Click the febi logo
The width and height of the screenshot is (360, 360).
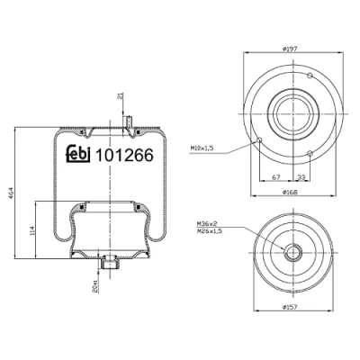78,155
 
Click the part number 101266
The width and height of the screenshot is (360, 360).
124,156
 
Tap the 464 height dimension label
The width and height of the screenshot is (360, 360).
10,193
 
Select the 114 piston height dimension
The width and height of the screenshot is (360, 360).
32,230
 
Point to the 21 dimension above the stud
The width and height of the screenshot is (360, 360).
121,96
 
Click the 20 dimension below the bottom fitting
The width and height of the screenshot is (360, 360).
94,286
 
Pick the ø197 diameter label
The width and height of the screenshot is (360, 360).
290,49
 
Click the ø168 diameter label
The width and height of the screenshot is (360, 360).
290,192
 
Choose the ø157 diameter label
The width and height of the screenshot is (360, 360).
290,307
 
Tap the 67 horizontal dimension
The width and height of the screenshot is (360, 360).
276,177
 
